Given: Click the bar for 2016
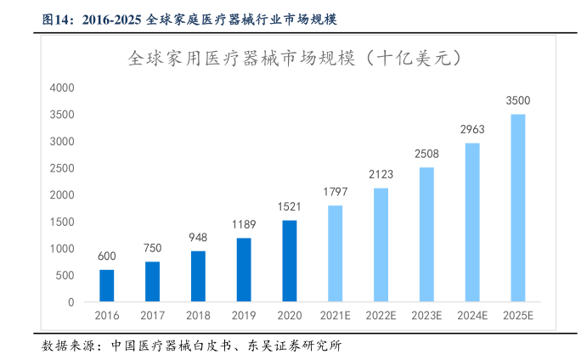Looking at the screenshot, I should [x=106, y=286].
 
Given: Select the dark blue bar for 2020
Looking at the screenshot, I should [x=290, y=261].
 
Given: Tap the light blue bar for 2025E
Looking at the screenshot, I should [x=517, y=208].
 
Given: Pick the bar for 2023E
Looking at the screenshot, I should [x=426, y=234].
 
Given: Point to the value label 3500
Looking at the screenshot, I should [x=517, y=101].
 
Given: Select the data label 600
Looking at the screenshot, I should [x=106, y=256].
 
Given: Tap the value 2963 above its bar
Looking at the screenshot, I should [x=472, y=130].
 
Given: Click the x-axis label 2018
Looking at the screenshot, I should [x=198, y=316].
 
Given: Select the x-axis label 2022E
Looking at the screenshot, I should [x=381, y=316].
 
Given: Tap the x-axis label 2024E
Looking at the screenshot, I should [x=472, y=316].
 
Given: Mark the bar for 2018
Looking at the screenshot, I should [x=198, y=277].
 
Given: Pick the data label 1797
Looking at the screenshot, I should [x=336, y=192].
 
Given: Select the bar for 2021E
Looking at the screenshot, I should [x=336, y=254].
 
